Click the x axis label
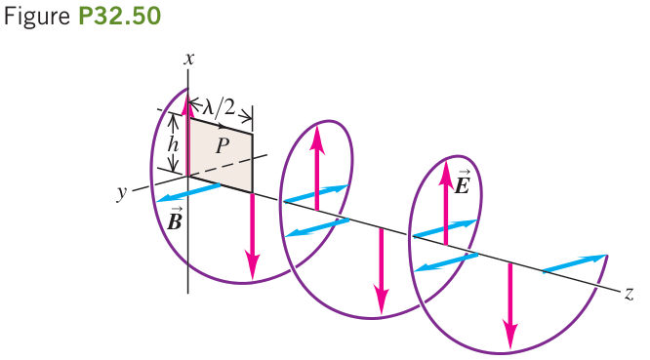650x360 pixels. [189, 60]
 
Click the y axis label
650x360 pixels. [122, 192]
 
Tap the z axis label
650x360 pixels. [629, 294]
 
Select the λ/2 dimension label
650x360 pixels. [218, 107]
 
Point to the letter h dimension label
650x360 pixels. [173, 145]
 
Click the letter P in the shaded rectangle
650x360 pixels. [223, 145]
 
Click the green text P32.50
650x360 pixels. [119, 17]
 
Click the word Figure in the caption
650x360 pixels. [37, 18]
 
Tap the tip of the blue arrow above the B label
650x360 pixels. [158, 201]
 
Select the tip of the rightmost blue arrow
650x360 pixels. [606, 256]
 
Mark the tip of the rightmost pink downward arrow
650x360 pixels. [510, 349]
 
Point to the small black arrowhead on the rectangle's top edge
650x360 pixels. [223, 126]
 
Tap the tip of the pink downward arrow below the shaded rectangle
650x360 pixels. [252, 279]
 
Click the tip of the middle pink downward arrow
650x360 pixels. [382, 313]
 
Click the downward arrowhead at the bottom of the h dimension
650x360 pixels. [173, 169]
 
